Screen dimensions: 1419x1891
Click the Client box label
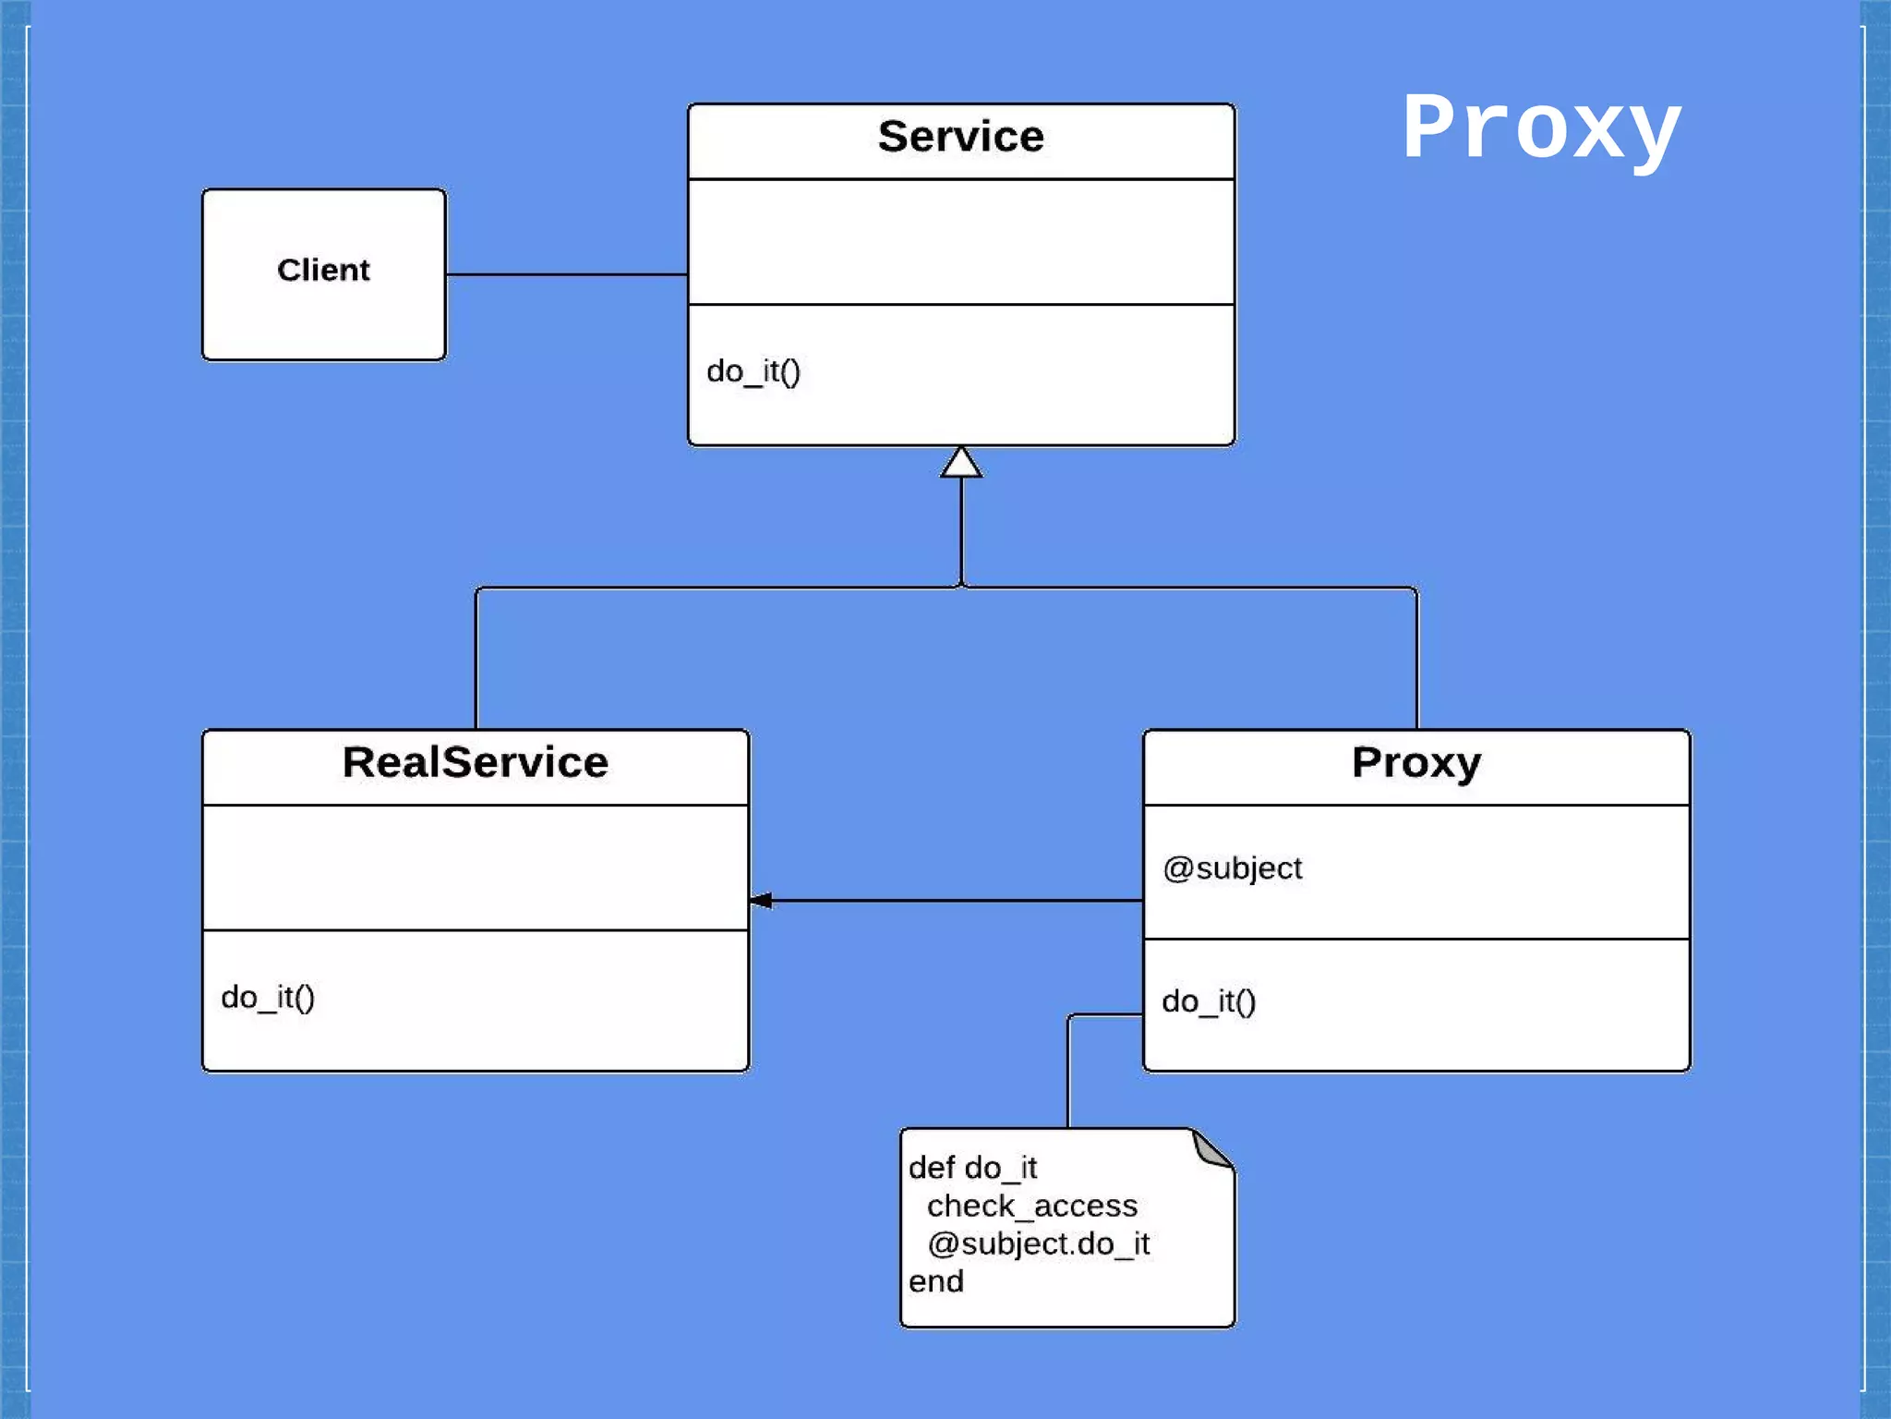pos(323,270)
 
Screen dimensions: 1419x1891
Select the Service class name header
pos(960,137)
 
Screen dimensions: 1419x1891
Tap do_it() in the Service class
pos(753,371)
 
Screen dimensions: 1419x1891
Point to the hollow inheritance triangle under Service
pos(961,463)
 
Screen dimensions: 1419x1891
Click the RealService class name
pos(476,763)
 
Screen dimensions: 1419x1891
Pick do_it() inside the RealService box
pos(268,998)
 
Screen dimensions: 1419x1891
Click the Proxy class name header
pos(1416,763)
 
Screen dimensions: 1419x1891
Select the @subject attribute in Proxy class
pos(1232,868)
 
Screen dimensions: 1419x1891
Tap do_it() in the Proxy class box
pos(1209,1001)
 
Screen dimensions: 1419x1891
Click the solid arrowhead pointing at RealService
pos(762,900)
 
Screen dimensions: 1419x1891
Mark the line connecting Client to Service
pos(566,274)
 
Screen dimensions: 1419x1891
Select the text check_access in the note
pos(1031,1206)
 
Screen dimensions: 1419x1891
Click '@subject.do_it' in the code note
pos(1038,1243)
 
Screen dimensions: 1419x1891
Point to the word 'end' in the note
pos(935,1281)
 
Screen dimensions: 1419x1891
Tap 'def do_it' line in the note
pos(972,1168)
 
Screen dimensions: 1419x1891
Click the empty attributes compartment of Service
pos(960,242)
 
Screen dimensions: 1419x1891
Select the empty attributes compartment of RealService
pos(476,867)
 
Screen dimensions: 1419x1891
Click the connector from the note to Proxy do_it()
pos(1068,1072)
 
